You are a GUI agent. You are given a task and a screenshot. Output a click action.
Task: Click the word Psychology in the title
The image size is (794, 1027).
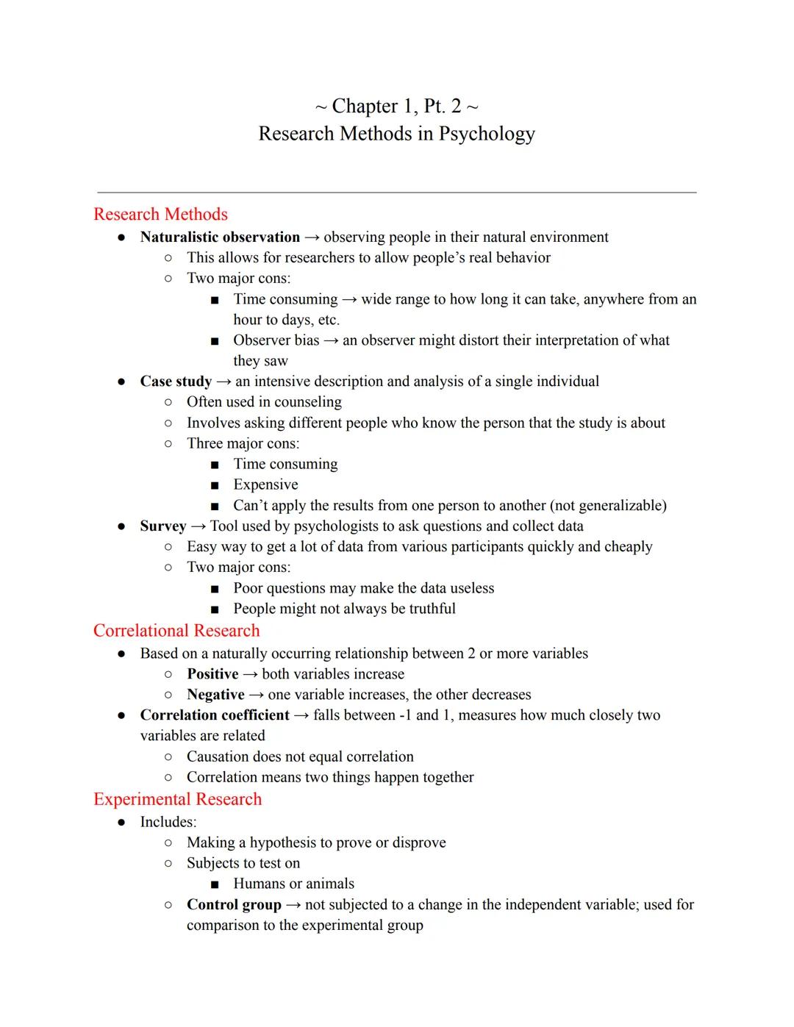pyautogui.click(x=487, y=134)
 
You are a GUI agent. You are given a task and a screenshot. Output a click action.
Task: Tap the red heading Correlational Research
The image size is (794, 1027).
pyautogui.click(x=176, y=631)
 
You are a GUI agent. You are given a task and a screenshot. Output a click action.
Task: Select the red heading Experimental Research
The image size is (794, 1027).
pyautogui.click(x=177, y=799)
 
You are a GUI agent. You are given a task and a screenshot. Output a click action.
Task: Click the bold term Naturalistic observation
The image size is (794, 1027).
pyautogui.click(x=220, y=237)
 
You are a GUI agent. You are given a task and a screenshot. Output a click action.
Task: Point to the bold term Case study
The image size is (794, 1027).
pyautogui.click(x=176, y=382)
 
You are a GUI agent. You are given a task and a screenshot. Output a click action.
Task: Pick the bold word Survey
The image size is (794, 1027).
pyautogui.click(x=163, y=526)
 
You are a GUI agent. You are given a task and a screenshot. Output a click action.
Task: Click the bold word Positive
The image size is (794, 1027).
pyautogui.click(x=212, y=674)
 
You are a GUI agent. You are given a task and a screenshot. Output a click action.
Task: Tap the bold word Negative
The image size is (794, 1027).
pyautogui.click(x=215, y=695)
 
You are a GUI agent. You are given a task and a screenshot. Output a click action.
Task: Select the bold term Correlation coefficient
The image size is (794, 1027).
pyautogui.click(x=215, y=715)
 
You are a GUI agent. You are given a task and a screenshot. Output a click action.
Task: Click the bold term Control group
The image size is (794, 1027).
pyautogui.click(x=234, y=905)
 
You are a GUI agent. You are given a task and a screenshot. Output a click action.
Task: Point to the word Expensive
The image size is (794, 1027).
pyautogui.click(x=265, y=485)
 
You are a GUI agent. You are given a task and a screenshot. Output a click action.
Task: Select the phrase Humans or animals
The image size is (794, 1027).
pyautogui.click(x=293, y=884)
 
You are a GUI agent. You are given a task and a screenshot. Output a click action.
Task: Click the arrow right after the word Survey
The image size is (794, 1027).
pyautogui.click(x=198, y=526)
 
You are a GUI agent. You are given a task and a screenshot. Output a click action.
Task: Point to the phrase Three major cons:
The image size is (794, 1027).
pyautogui.click(x=243, y=443)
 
